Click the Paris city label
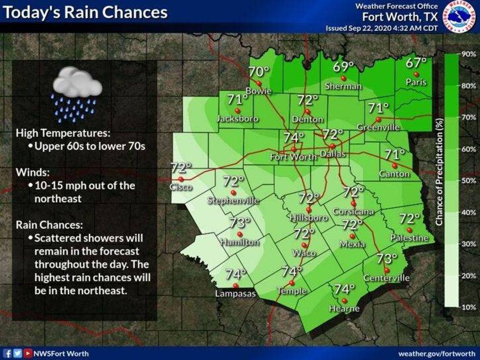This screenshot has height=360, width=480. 416,83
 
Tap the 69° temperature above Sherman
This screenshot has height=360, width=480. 343,68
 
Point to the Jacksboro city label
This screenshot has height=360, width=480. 237,119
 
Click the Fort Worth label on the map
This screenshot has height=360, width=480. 293,157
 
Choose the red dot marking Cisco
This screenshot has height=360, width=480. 181,179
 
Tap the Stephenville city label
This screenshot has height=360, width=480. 233,200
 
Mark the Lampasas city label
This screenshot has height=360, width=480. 235,294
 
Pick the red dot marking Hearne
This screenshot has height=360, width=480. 344,300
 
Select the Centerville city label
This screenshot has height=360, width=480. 386,278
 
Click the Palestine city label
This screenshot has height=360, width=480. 409,238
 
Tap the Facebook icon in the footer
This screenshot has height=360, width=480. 8,352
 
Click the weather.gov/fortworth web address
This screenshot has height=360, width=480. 436,353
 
